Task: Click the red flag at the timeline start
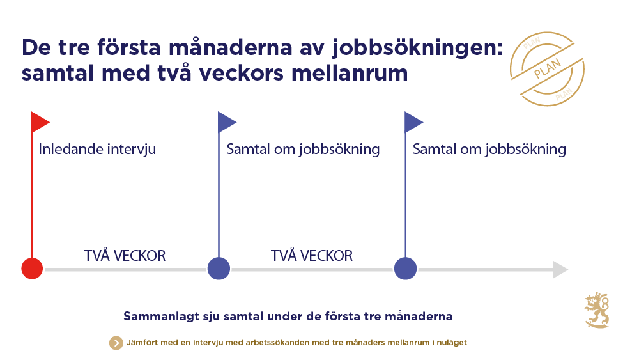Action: point(40,121)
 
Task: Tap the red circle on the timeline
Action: point(32,269)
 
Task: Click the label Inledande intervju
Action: point(97,150)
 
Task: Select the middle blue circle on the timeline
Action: point(219,269)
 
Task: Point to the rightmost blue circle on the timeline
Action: point(406,269)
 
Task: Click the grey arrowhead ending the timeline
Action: point(560,269)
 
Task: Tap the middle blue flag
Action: point(227,121)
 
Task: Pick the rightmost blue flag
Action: point(413,121)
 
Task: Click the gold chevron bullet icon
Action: point(116,343)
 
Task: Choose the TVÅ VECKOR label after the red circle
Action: point(125,256)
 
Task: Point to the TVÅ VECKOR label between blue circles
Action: point(312,256)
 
